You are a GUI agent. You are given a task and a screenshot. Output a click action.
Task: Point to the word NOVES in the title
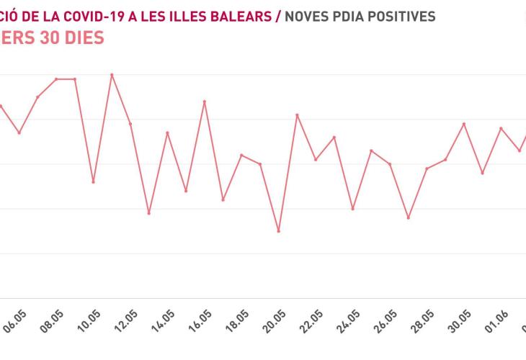pyautogui.click(x=305, y=16)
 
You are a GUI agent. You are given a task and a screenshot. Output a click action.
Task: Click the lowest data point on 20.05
pyautogui.click(x=279, y=231)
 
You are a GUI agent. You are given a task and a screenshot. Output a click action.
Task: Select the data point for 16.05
pyautogui.click(x=205, y=102)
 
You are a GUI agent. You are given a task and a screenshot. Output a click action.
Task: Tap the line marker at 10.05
pyautogui.click(x=93, y=181)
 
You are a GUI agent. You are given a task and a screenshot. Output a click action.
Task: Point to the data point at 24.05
pyautogui.click(x=353, y=209)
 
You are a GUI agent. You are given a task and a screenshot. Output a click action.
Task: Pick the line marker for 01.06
pyautogui.click(x=501, y=128)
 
